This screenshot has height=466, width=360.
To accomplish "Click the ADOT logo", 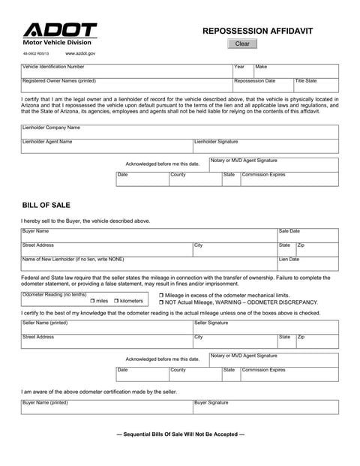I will (60, 31).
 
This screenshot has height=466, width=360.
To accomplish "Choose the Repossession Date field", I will (262, 86).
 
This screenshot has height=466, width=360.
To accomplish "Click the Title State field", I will (316, 86).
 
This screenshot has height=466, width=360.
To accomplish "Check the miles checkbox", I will (93, 301).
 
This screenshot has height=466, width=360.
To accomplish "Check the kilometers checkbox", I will (117, 301).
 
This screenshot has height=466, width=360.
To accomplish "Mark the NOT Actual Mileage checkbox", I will (162, 302).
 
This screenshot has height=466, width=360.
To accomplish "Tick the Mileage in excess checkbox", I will (162, 296).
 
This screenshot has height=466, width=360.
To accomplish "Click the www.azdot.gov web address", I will (80, 54).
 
